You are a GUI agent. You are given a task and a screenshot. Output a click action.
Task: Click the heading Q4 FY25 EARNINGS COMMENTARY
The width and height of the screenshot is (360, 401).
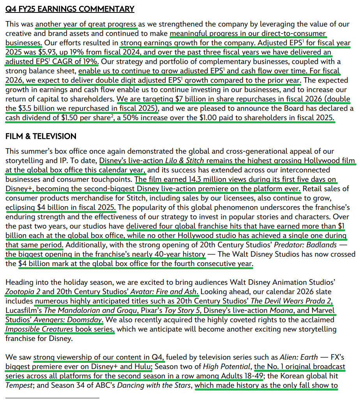coord(70,9)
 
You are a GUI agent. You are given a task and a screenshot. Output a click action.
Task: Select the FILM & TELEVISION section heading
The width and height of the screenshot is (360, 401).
coord(41,136)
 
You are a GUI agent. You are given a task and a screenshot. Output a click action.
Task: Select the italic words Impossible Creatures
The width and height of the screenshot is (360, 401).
coord(39,329)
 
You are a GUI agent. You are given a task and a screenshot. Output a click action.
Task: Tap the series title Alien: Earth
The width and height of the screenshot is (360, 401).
coord(298,357)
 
